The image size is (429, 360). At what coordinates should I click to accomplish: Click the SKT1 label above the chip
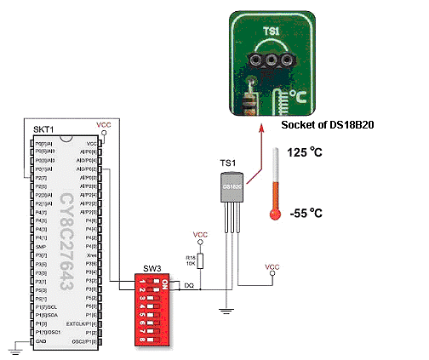[44, 129]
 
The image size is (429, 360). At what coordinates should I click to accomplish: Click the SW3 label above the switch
[151, 266]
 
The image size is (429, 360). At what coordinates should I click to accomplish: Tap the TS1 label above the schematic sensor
[227, 162]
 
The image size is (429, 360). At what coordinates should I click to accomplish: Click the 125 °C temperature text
[304, 153]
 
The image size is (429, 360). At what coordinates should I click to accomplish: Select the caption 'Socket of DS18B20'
[329, 124]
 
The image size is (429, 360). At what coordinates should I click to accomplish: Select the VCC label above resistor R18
[200, 234]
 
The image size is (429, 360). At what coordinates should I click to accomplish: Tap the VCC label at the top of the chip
[105, 123]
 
